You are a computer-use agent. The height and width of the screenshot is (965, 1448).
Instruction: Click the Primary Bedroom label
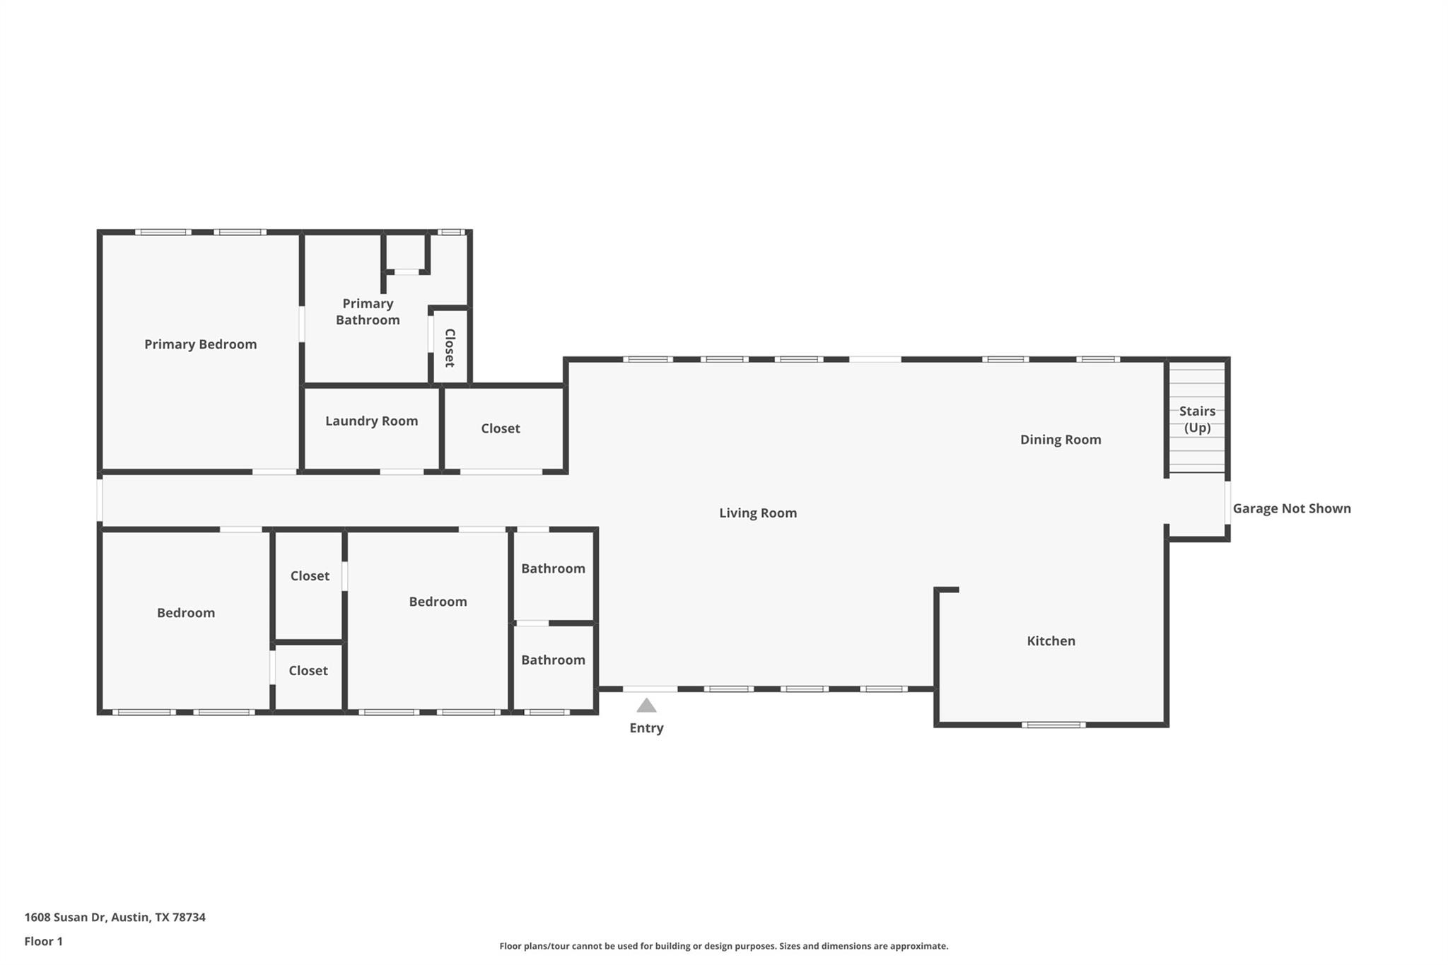point(200,344)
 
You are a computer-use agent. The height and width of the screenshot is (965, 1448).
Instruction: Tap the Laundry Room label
point(371,421)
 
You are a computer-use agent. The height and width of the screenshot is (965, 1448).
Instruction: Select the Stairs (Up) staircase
point(1197,419)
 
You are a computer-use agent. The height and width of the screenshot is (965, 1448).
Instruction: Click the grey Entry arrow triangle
point(646,706)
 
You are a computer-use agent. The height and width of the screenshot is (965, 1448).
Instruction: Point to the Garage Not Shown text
point(1291,508)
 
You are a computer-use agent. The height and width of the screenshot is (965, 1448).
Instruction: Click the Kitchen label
point(1051,641)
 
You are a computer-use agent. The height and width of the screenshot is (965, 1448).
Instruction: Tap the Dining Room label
point(1060,439)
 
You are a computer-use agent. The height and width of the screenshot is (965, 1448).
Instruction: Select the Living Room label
point(757,513)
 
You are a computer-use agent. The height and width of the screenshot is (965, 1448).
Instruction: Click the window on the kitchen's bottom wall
point(1053,725)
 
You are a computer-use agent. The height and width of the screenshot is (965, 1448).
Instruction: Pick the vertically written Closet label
point(450,348)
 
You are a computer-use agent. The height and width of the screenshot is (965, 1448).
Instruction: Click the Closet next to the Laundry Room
point(500,428)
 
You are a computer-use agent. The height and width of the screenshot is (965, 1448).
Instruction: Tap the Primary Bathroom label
point(368,311)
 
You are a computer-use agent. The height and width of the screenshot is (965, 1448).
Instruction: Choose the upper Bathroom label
point(553,568)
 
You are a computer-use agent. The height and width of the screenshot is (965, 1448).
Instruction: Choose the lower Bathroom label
point(553,660)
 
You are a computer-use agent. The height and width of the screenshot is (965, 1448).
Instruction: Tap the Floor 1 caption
point(43,941)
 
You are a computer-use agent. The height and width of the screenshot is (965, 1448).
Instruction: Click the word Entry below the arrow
point(646,727)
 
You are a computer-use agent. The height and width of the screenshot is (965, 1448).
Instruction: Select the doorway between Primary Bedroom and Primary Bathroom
point(302,324)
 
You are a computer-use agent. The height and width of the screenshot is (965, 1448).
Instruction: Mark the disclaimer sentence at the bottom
point(723,946)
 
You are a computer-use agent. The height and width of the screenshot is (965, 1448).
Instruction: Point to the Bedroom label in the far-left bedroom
point(185,613)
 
